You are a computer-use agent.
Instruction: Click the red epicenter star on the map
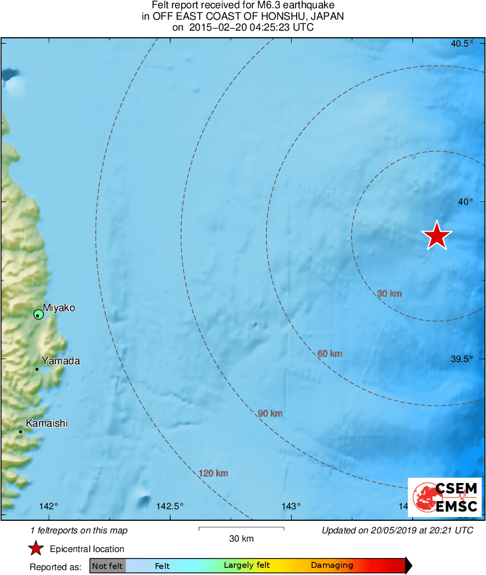pos(437,236)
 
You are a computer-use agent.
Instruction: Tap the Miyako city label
pos(59,308)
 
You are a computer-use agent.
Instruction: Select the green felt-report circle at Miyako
pos(38,314)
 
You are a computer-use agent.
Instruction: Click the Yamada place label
pos(61,361)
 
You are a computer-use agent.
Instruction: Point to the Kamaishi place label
pos(47,423)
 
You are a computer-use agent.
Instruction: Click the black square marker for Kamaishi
pos(21,432)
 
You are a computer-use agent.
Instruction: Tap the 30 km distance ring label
pos(389,294)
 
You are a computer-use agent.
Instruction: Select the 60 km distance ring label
pos(329,354)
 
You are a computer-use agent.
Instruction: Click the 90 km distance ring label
pos(270,413)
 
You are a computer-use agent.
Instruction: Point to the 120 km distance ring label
pos(213,473)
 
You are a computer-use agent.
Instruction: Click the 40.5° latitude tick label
pos(462,44)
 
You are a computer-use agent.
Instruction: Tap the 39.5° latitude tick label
pos(462,359)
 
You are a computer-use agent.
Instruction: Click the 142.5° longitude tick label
pos(170,506)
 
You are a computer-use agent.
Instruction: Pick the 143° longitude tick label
pos(291,506)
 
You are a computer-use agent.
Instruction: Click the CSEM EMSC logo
pos(444,497)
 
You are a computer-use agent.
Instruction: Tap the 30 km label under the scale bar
pos(241,539)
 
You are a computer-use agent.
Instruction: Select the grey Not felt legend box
pos(107,566)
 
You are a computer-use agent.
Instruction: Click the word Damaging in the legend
pos(332,566)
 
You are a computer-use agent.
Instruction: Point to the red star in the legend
pos(36,548)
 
